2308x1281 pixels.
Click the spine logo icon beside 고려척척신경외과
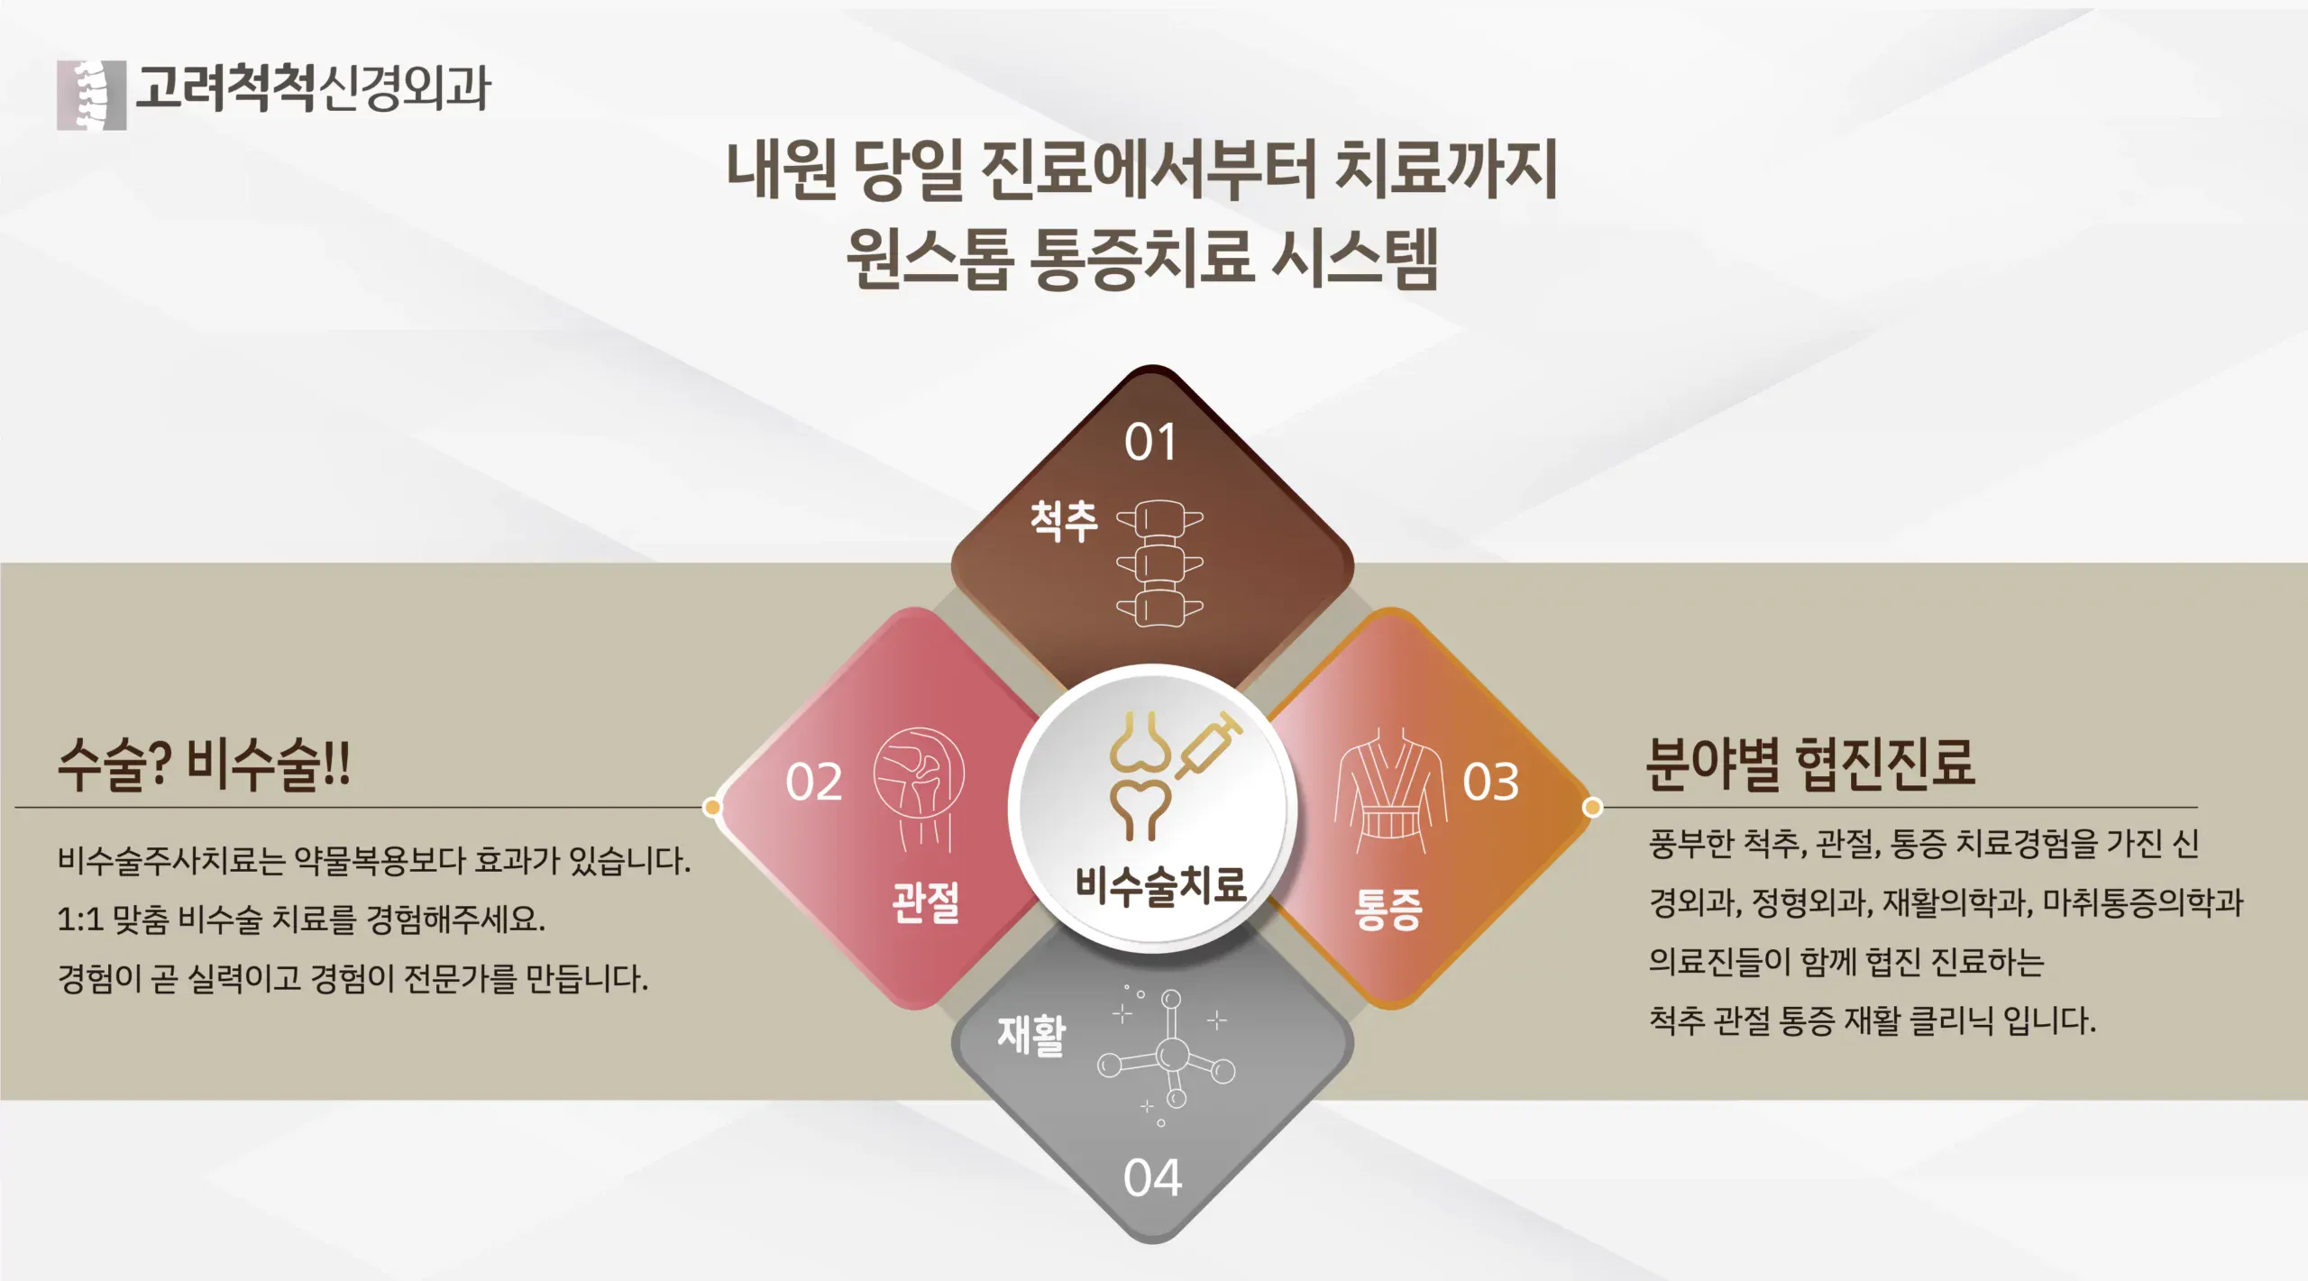click(x=91, y=95)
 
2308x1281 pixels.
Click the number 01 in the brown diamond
click(x=1150, y=443)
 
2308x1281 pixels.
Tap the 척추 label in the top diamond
click(x=1064, y=521)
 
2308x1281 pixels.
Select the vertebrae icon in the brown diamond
click(x=1159, y=563)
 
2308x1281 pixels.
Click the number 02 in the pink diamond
click(x=814, y=782)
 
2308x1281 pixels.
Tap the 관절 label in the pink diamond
click(x=926, y=901)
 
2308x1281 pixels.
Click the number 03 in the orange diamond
click(x=1490, y=782)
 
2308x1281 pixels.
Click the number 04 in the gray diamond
click(x=1152, y=1178)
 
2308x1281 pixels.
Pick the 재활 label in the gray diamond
click(x=1031, y=1035)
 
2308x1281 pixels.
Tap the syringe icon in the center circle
click(x=1208, y=745)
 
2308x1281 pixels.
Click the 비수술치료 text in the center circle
click(x=1160, y=884)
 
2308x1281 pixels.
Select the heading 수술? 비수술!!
click(x=204, y=764)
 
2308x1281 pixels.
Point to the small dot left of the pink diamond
click(x=712, y=807)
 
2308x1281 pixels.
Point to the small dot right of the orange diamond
click(x=1593, y=807)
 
